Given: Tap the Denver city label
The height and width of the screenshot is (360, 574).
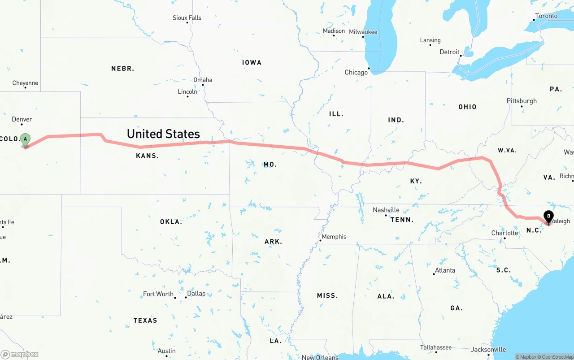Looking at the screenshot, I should click(22, 119).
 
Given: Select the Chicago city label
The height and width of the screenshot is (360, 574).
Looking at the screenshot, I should click(356, 72).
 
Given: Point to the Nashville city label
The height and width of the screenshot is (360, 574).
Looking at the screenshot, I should click(386, 210).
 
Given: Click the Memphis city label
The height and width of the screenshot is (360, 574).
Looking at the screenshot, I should click(334, 236).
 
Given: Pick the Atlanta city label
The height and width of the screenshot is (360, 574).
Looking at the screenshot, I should click(445, 270).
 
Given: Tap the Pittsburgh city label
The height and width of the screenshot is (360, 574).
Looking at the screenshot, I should click(522, 101).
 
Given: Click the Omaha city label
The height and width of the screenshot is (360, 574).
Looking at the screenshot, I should click(203, 80).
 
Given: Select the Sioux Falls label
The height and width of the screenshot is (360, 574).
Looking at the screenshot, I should click(187, 18).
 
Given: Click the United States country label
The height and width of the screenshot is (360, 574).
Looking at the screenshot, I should click(163, 134).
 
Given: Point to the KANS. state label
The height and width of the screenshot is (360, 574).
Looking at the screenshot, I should click(148, 156).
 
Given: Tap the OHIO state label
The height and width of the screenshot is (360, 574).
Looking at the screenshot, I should click(467, 107).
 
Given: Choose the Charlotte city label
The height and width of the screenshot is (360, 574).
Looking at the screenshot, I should click(504, 233).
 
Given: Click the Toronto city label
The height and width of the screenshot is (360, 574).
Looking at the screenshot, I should click(546, 16).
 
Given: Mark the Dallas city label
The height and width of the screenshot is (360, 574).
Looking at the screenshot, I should click(196, 294).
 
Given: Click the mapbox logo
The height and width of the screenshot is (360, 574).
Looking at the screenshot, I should click(20, 354).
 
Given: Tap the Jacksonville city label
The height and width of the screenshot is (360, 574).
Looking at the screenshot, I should click(488, 349).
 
